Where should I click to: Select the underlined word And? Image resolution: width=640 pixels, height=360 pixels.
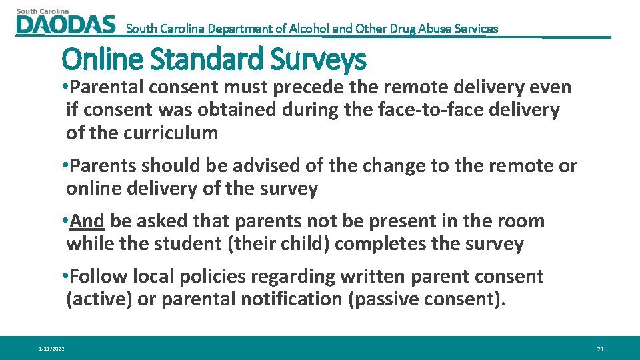coord(87,221)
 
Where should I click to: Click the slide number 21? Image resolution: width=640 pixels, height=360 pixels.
coord(600,349)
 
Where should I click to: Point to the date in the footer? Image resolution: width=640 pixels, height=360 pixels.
coord(51,349)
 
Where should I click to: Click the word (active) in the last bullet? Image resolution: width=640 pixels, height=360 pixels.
coord(99,299)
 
